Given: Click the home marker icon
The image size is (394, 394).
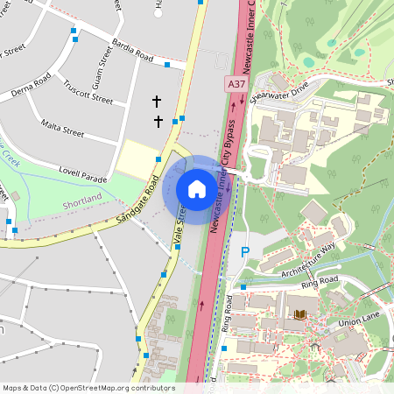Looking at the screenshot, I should tap(197, 189).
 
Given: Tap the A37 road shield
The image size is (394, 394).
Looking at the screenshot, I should tap(235, 83).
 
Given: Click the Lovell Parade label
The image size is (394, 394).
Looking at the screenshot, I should tap(83, 179).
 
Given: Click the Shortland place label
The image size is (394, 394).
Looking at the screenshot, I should tap(83, 204).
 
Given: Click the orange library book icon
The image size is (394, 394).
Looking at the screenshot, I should tap(300, 313).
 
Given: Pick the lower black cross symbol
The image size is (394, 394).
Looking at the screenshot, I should tap(158, 120).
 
